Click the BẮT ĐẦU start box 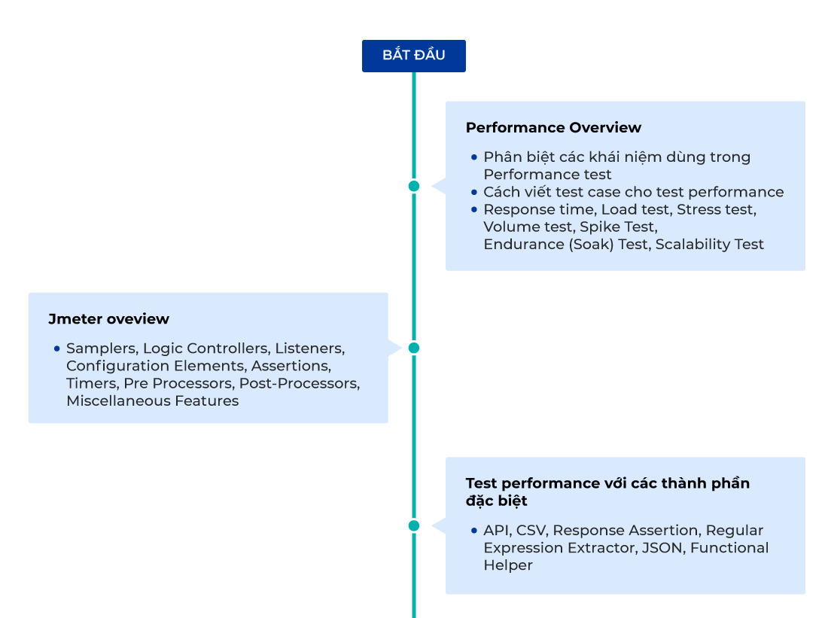coord(413,56)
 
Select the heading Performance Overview coord(553,127)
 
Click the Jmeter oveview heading coord(108,319)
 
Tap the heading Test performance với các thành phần coord(607,483)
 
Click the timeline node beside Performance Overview coord(413,186)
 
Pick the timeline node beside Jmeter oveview coord(413,348)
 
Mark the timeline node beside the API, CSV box coord(413,525)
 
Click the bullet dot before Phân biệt coord(473,157)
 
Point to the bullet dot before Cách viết coord(473,192)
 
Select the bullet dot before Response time coord(473,209)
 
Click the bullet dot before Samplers coord(56,349)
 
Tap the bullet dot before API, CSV coord(473,531)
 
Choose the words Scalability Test coord(709,244)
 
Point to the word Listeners coord(309,349)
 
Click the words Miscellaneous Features coord(152,400)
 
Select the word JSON coord(661,548)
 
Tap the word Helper coord(507,565)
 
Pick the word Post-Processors coord(299,383)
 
